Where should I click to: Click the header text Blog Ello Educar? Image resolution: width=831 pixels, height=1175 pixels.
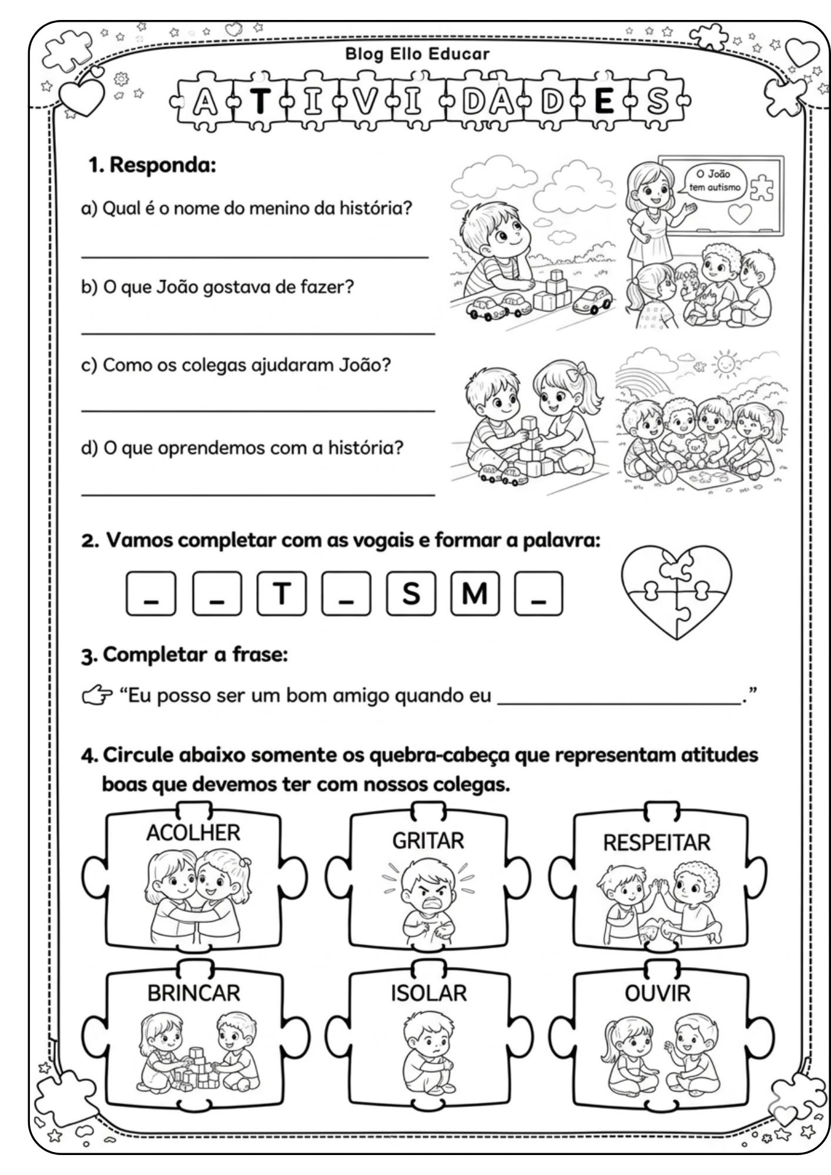[417, 55]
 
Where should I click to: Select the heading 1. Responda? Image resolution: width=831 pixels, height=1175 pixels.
[153, 165]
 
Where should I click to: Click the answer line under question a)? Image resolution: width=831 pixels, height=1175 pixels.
[254, 257]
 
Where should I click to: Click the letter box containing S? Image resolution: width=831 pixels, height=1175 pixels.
[411, 593]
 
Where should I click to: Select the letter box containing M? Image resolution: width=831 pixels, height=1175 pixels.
[475, 593]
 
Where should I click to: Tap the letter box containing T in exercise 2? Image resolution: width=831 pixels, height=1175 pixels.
[282, 593]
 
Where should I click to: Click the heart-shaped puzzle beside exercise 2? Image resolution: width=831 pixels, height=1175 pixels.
[676, 591]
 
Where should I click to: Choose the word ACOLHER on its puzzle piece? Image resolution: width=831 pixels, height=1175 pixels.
[193, 833]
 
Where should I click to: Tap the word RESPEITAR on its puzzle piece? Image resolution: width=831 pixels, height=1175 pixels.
[656, 842]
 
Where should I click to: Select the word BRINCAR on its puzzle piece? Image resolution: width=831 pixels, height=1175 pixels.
[193, 993]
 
